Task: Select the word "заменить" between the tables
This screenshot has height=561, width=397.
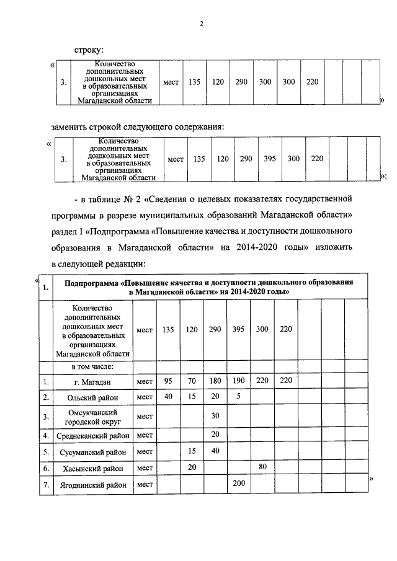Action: (69, 127)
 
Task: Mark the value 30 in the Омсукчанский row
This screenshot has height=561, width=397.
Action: (216, 415)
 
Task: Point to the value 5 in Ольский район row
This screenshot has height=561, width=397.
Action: (238, 395)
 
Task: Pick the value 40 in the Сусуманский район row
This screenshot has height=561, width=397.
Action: (216, 451)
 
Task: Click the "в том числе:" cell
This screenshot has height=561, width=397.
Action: (92, 367)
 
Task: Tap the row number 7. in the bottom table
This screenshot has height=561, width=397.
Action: (45, 485)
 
